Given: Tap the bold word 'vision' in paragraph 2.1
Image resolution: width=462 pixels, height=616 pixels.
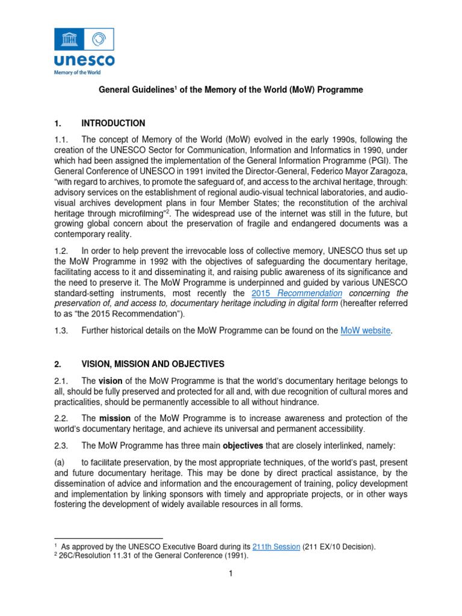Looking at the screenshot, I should (111, 381).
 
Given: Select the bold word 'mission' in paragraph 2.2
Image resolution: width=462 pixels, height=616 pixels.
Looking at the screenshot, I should (115, 418).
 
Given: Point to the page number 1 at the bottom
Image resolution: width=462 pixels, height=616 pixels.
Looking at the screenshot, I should (230, 573).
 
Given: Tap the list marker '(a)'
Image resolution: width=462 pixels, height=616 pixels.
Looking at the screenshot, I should (61, 462).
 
